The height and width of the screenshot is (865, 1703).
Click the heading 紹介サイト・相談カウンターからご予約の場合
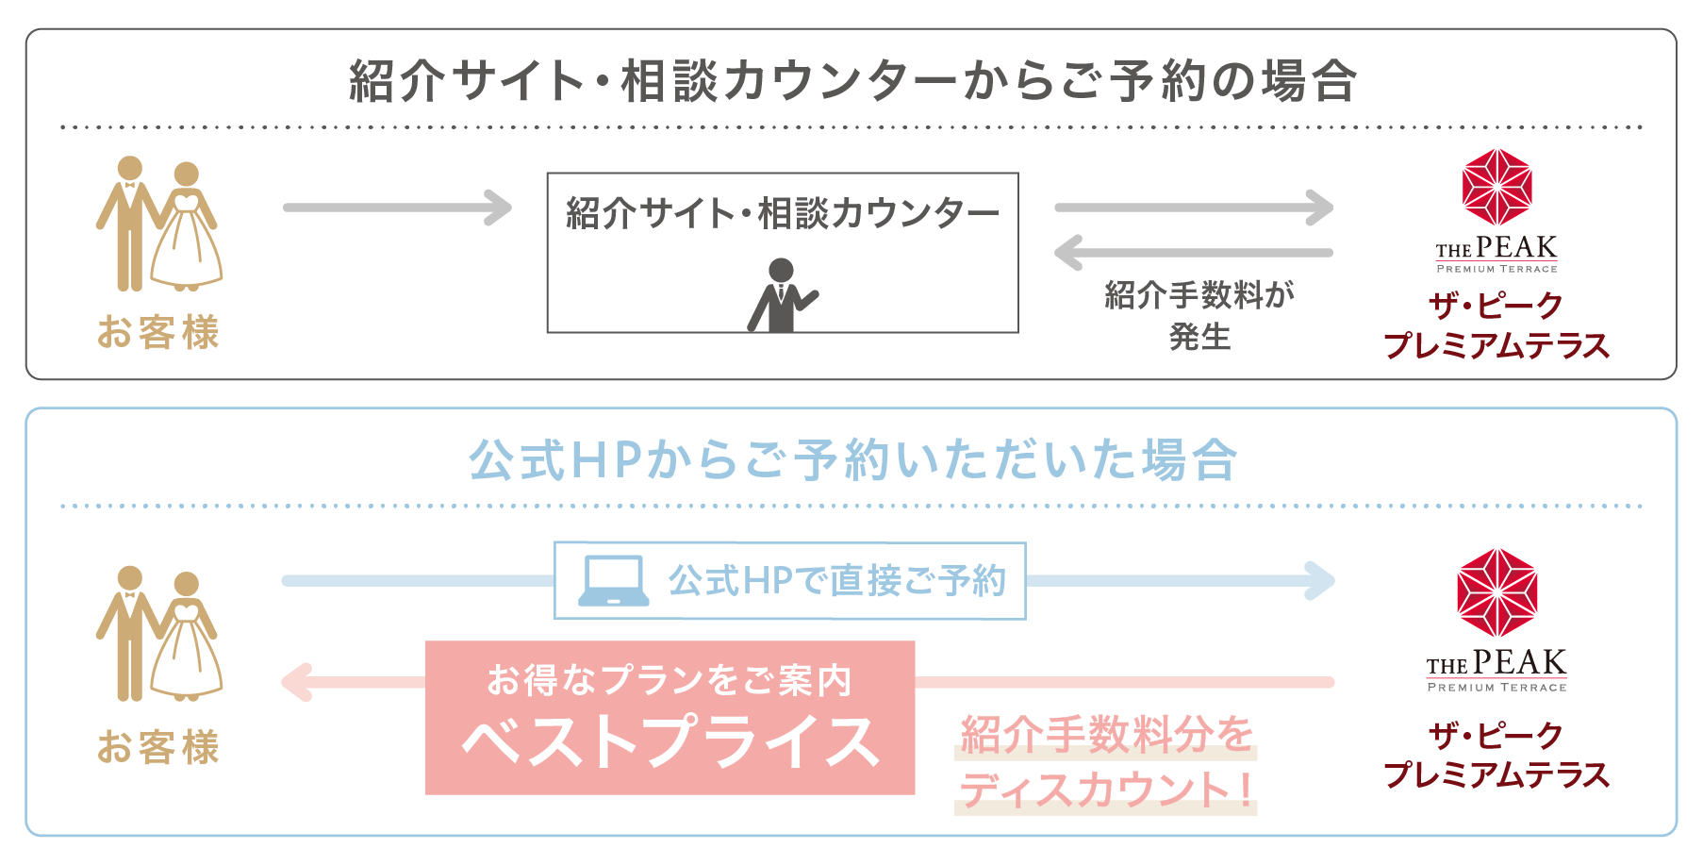point(853,81)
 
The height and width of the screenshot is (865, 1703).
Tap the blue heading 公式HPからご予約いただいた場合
point(853,460)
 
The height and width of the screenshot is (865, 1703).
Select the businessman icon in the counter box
point(782,295)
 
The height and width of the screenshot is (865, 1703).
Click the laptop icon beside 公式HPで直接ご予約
point(613,580)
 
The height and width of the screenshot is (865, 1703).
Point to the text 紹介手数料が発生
point(1199,315)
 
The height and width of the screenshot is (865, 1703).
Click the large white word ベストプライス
point(670,741)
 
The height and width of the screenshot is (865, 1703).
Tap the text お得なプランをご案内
point(670,679)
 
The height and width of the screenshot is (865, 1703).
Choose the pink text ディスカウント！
point(1106,789)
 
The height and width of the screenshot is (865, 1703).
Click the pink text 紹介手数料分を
point(1106,734)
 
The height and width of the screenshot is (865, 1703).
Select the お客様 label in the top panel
point(158,332)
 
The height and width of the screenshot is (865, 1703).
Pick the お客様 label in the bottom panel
point(158,746)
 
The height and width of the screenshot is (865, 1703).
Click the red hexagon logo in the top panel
point(1497,187)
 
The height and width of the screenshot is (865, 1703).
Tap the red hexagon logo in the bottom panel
point(1497,592)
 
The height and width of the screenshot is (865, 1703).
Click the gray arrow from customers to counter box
point(397,208)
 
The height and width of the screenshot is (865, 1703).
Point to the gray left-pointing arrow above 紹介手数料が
point(1194,253)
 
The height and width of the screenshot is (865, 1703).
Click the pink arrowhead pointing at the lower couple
point(298,682)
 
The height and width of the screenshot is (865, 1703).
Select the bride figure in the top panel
point(187,226)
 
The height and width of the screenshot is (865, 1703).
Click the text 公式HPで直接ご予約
point(837,580)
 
